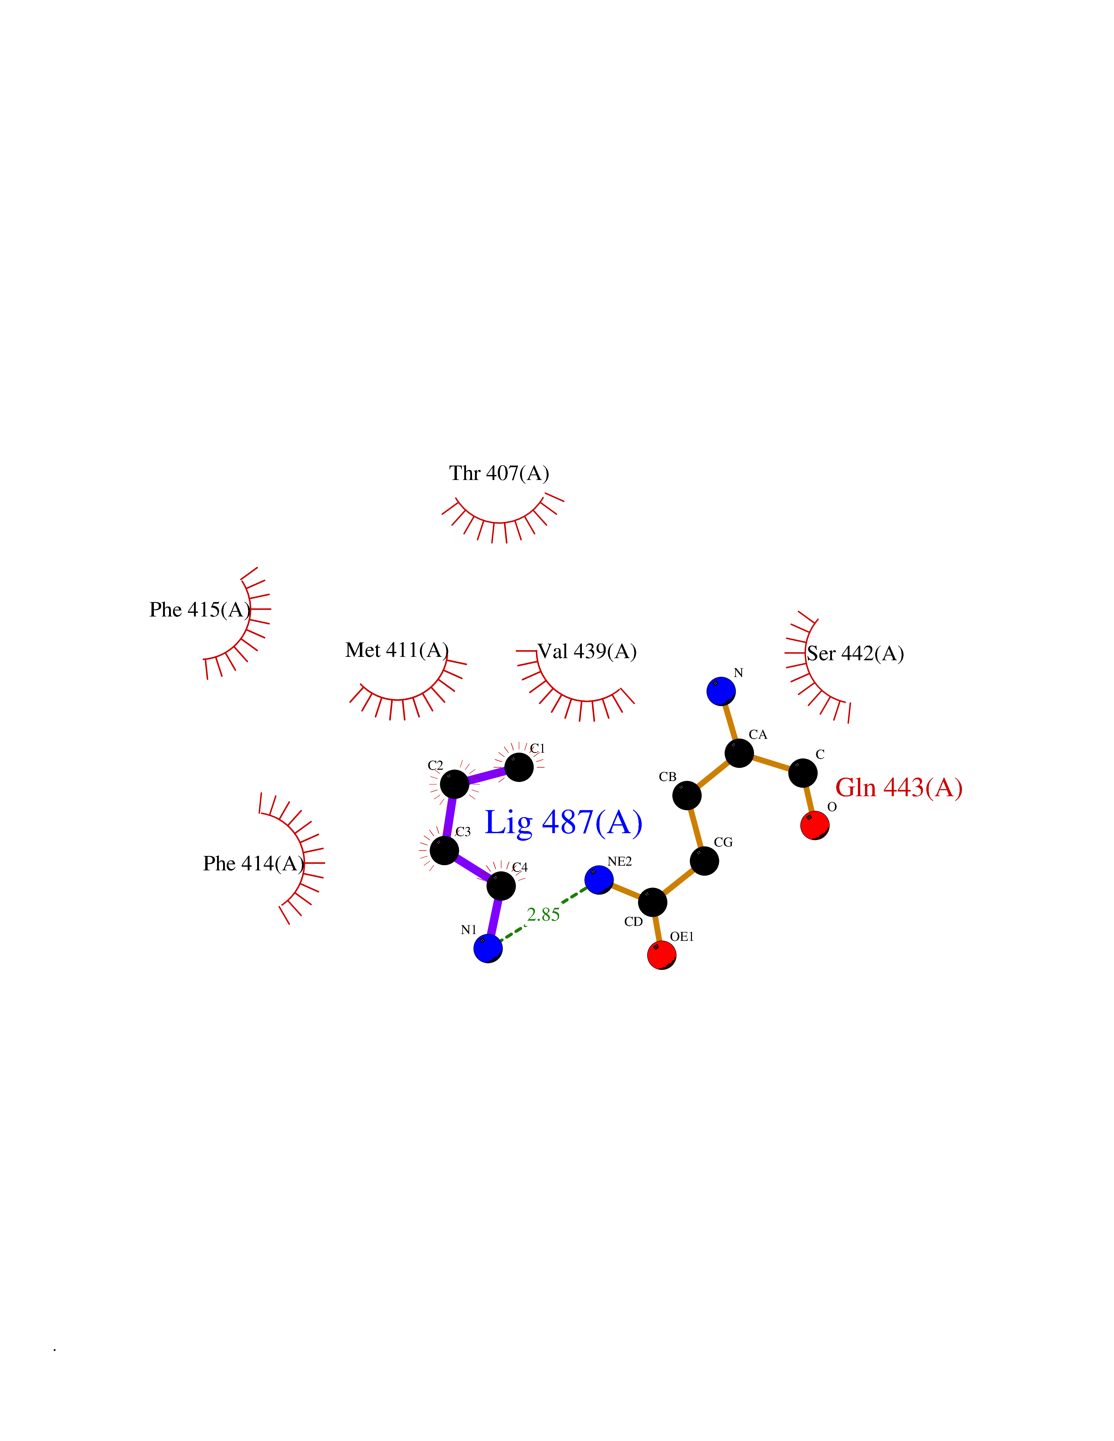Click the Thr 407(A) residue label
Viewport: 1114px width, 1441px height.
click(x=499, y=474)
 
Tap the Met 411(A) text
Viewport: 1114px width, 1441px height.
click(x=397, y=651)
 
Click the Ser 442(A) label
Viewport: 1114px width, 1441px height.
click(x=855, y=654)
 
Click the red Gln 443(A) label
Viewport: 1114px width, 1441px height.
click(x=899, y=788)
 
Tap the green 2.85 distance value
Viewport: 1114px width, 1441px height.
click(x=544, y=914)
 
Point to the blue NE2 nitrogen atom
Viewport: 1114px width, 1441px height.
click(x=599, y=880)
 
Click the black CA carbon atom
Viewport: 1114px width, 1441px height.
click(x=739, y=753)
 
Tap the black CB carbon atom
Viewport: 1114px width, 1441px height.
click(x=687, y=795)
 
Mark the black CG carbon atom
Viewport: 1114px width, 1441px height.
click(x=705, y=861)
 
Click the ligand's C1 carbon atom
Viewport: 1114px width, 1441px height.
click(x=519, y=767)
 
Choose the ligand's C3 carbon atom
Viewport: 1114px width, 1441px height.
click(x=445, y=850)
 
